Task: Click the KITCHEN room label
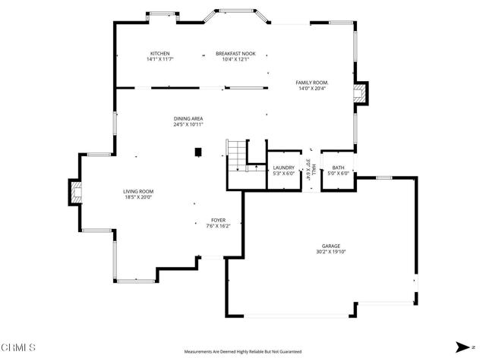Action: click(x=160, y=53)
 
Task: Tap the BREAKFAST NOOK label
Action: click(x=235, y=53)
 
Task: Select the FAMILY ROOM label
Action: click(x=312, y=82)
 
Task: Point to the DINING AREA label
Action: click(x=188, y=118)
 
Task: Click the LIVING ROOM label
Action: click(x=139, y=191)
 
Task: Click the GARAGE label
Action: click(x=330, y=246)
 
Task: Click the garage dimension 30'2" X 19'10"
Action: click(x=330, y=252)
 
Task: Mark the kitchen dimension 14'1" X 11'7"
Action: click(x=160, y=59)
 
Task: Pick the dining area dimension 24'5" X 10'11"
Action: click(x=188, y=124)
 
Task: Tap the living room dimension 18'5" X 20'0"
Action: click(x=139, y=197)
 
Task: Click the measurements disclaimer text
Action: click(x=243, y=352)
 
